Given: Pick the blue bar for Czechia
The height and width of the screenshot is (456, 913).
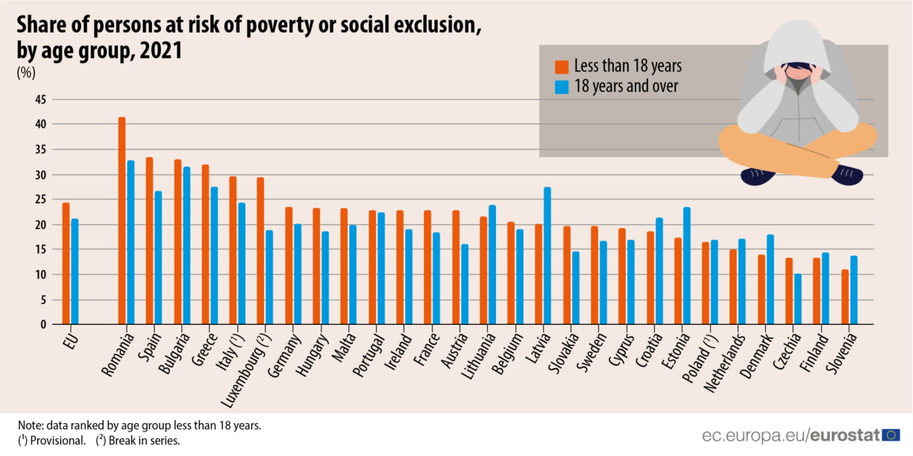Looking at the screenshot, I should (x=797, y=299).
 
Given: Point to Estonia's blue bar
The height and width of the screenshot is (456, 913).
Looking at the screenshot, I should (x=686, y=265).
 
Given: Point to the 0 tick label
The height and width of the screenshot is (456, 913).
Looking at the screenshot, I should (x=43, y=325).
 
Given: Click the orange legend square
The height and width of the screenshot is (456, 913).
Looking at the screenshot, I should (x=562, y=66).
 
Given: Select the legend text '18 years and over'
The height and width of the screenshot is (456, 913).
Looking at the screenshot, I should (x=626, y=86).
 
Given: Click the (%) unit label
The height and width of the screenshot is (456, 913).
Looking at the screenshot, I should (x=26, y=73).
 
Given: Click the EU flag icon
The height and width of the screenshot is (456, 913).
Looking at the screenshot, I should (x=891, y=436).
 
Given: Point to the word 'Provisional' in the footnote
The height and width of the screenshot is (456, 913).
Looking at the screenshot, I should (x=60, y=440).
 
